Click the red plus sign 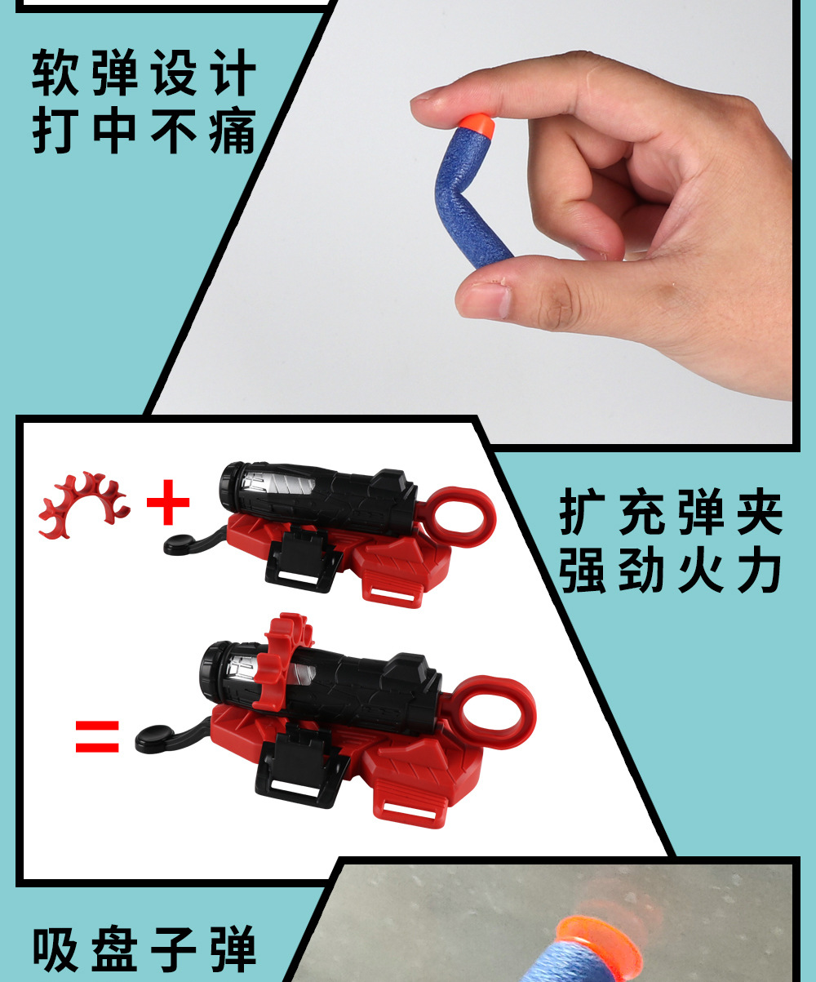pyautogui.click(x=168, y=502)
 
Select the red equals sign pyautogui.click(x=97, y=736)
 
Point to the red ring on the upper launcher pyautogui.click(x=461, y=516)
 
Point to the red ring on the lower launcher pyautogui.click(x=494, y=713)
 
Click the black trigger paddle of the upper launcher pyautogui.click(x=180, y=544)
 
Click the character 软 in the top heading pyautogui.click(x=55, y=74)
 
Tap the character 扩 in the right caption pyautogui.click(x=581, y=513)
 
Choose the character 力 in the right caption pyautogui.click(x=760, y=571)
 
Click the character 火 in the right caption pyautogui.click(x=700, y=571)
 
